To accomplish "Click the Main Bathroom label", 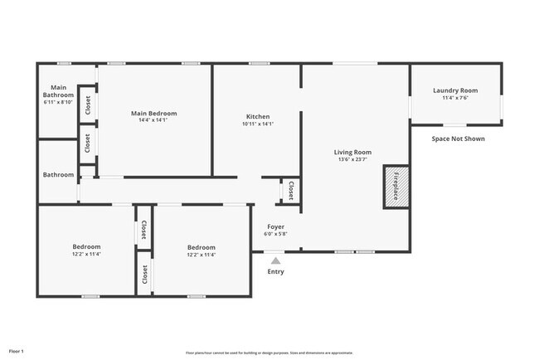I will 58,91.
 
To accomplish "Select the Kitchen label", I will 257,116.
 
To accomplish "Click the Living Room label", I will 352,152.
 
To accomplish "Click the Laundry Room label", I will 456,90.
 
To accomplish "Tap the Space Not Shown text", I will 458,139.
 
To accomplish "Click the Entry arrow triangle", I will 276,260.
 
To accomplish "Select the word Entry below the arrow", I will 276,272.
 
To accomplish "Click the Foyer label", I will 276,226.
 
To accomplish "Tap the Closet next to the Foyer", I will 291,191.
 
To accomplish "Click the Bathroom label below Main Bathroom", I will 58,175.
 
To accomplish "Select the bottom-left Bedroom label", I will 86,246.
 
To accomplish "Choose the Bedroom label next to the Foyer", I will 201,247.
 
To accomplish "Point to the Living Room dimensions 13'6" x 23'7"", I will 352,160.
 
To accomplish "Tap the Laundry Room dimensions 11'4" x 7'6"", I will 456,98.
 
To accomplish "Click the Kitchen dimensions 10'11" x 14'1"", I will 257,124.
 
